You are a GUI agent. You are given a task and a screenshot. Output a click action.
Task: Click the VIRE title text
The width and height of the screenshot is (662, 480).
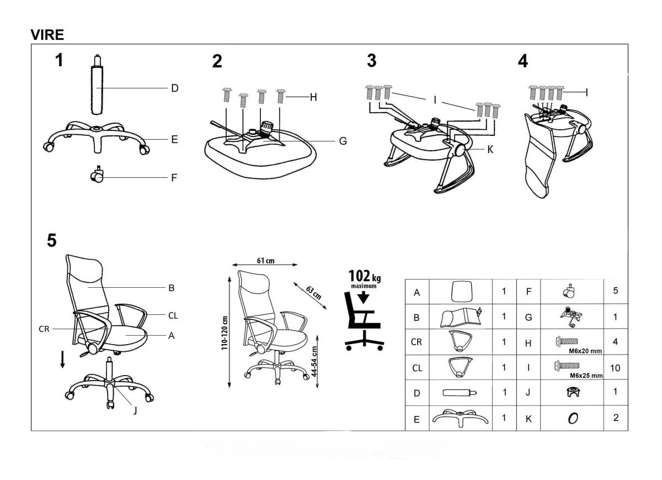pos(47,35)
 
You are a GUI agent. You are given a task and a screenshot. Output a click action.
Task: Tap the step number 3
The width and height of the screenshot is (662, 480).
pos(372,61)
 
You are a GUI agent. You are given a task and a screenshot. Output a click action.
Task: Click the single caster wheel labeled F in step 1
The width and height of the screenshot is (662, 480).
pos(97,176)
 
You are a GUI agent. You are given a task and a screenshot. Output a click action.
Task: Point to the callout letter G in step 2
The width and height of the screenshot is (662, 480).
pos(343,141)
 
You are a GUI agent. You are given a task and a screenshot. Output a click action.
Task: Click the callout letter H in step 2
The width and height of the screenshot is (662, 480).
pos(313,97)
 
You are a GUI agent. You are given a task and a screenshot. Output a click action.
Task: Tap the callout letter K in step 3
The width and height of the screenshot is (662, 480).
pos(489,149)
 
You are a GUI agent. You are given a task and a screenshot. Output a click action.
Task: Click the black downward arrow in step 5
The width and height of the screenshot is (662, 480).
pos(63,359)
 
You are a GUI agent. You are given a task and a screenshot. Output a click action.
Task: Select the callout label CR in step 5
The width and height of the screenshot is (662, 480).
pos(45,328)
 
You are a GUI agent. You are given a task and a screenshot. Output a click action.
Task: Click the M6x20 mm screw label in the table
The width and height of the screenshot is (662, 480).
pos(584,350)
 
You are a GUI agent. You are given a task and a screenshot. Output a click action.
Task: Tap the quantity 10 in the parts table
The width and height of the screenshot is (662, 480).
pos(615,367)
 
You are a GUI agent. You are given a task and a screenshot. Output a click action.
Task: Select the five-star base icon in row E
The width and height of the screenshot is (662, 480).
pos(461,418)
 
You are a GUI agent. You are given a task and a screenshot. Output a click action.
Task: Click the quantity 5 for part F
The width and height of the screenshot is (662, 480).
pos(615,291)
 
